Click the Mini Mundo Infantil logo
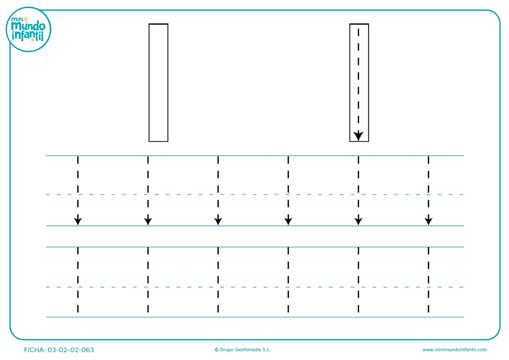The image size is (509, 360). click(x=28, y=29)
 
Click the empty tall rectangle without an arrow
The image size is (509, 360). click(x=149, y=83)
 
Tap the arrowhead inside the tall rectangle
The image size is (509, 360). click(x=358, y=136)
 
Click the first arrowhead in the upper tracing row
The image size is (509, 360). click(x=78, y=221)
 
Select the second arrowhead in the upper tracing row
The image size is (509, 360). click(x=148, y=221)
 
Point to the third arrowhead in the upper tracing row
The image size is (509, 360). click(x=218, y=221)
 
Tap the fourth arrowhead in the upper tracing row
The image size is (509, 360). click(x=288, y=221)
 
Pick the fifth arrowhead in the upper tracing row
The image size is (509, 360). click(x=358, y=221)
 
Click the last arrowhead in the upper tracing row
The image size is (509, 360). click(x=429, y=221)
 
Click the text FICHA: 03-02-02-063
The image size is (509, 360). click(x=59, y=350)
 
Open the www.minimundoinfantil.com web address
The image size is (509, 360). click(x=454, y=350)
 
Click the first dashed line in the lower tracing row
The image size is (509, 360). click(x=78, y=280)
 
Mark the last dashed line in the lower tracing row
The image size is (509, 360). click(x=429, y=280)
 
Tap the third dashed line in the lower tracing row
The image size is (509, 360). click(x=218, y=280)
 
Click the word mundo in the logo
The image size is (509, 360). click(x=28, y=26)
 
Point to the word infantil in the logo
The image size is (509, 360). click(x=28, y=36)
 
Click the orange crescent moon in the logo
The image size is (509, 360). click(x=26, y=19)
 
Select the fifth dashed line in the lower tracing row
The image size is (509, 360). click(x=358, y=280)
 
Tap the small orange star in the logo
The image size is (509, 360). click(x=33, y=40)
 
